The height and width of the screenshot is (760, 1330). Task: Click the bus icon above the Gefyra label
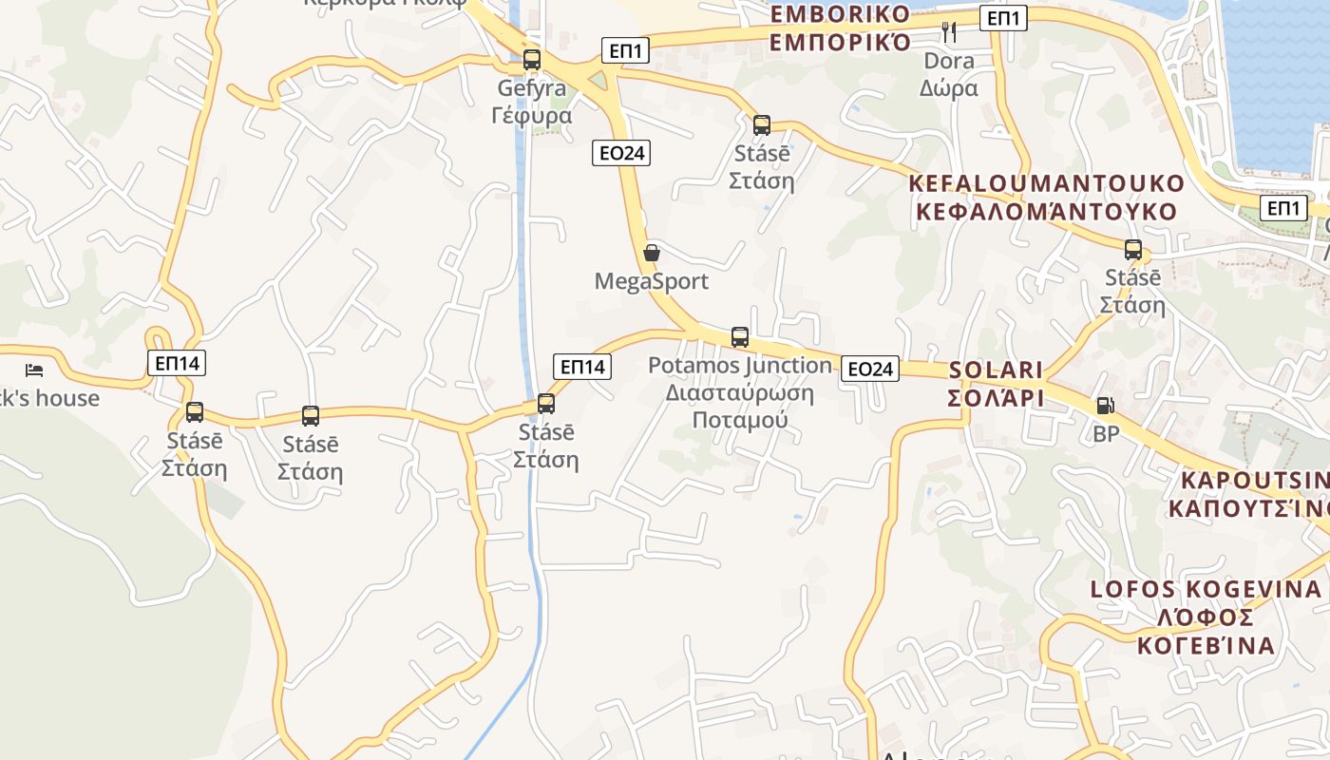tap(532, 60)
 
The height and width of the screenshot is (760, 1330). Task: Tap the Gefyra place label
tap(532, 103)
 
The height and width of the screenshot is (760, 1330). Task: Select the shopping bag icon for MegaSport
tap(652, 253)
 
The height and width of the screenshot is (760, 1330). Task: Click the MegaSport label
tap(652, 282)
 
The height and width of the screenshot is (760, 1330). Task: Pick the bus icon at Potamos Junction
tap(740, 336)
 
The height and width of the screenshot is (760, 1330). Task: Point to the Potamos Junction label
tap(740, 391)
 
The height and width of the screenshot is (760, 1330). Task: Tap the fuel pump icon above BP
tap(1105, 406)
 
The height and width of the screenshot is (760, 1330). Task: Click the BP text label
tap(1106, 434)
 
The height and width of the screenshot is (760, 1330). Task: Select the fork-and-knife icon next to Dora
tap(949, 32)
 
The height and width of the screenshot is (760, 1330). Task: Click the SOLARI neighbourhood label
tap(996, 383)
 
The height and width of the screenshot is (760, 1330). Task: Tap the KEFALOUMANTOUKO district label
tap(1047, 198)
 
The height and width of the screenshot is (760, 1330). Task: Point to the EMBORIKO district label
tap(840, 28)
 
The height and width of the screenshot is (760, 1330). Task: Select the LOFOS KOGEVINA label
tap(1206, 617)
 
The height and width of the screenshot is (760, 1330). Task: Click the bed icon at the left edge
tap(34, 370)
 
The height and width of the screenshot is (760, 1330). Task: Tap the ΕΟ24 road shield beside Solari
tap(870, 369)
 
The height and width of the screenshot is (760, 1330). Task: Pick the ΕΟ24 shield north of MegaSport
tap(621, 152)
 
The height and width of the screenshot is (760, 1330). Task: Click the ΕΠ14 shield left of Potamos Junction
tap(582, 367)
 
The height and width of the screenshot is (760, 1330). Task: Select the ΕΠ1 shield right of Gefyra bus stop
tap(625, 51)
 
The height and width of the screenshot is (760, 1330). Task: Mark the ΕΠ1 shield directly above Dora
tap(1004, 17)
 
